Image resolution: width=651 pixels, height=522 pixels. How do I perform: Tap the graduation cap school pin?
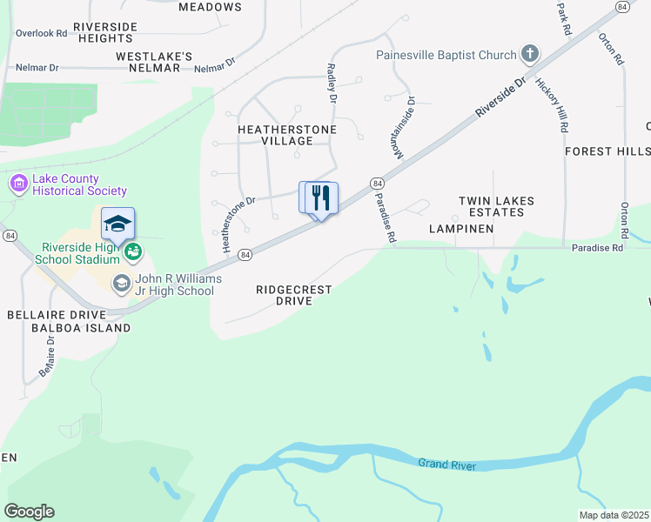pos(117,224)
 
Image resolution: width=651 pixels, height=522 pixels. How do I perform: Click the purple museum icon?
pos(18,184)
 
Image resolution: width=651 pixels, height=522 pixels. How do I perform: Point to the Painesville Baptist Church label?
pos(446,55)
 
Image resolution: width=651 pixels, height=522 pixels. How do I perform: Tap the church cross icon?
pos(529,55)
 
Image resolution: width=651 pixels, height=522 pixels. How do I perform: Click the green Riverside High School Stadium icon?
pos(132,252)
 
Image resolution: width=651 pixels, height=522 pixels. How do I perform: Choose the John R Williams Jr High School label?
pos(173,284)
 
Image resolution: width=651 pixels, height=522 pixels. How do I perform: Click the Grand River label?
pos(446,465)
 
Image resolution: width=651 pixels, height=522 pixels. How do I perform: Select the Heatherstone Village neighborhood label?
pos(275,134)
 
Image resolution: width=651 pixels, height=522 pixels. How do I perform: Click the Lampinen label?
pos(461,229)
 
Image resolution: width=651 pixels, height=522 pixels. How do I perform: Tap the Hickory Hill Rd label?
pos(552,105)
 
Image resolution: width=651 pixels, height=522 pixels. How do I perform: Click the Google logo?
pos(29,512)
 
